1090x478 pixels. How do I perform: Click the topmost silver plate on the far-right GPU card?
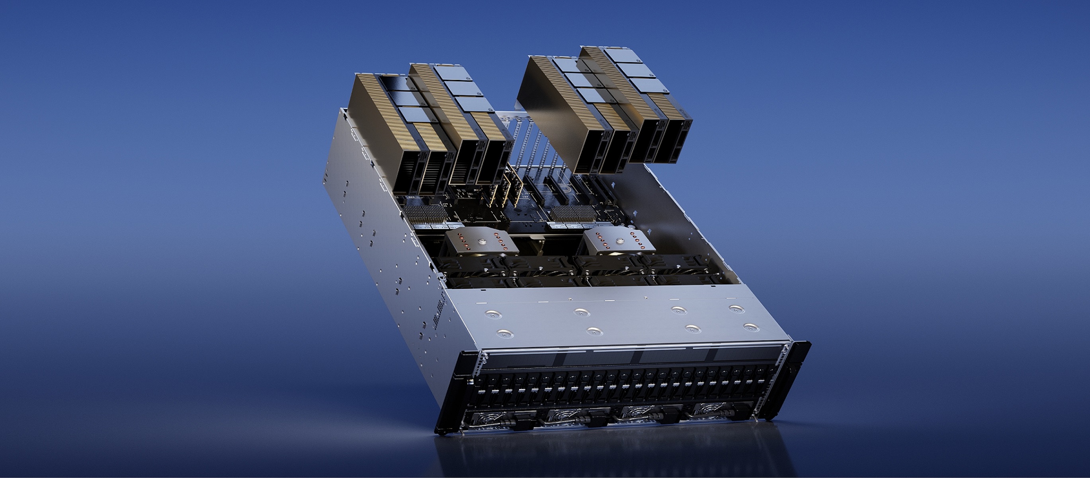click(620, 55)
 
